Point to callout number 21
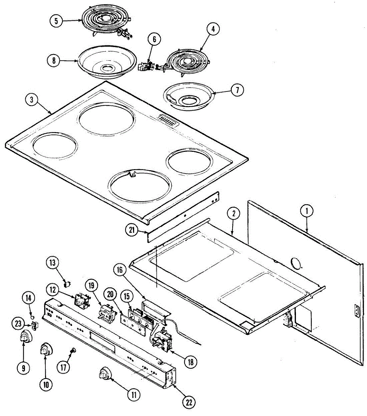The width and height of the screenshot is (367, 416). [132, 231]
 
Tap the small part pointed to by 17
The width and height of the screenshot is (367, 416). [73, 351]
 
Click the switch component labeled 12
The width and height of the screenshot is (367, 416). [82, 301]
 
